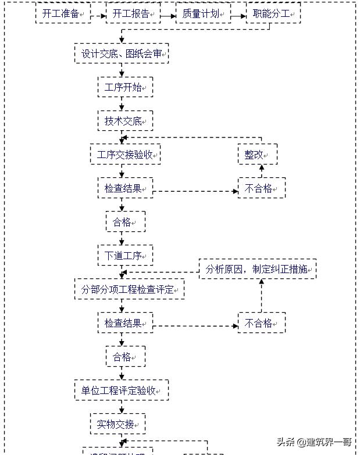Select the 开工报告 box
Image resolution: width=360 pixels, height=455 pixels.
point(133,13)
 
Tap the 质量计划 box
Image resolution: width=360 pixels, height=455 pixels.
point(203,13)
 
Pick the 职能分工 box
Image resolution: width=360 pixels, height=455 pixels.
point(273,13)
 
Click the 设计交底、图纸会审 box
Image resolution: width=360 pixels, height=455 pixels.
point(122,54)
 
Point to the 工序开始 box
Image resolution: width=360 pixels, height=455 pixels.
point(125,88)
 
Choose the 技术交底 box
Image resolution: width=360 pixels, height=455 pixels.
point(125,121)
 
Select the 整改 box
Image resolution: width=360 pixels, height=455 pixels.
point(257,155)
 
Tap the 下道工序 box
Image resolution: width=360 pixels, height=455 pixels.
point(125,255)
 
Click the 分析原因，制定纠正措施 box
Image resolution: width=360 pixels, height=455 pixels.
point(258,269)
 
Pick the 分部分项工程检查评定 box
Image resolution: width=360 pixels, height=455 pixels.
point(129,289)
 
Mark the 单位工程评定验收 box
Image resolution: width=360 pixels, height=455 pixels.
point(122,390)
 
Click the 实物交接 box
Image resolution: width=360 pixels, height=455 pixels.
point(117,424)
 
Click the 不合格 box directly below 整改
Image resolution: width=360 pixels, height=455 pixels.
point(261,188)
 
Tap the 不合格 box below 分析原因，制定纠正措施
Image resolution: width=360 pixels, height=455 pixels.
point(261,323)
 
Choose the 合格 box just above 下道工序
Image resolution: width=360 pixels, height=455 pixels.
point(125,222)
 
